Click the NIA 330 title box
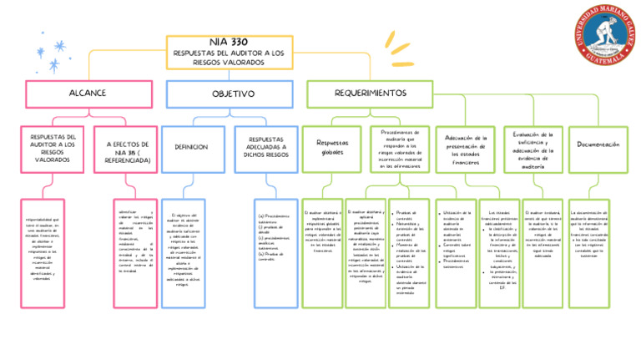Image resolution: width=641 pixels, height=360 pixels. pos(230,52)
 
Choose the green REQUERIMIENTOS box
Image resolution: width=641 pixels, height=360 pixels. pos(370,94)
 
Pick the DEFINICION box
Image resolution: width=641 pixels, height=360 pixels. pos(191,147)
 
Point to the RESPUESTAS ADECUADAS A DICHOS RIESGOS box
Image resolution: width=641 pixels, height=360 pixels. pos(265,148)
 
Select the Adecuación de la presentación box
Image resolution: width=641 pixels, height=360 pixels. pos(466,149)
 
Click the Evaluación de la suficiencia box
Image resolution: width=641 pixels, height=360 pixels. pos(532,149)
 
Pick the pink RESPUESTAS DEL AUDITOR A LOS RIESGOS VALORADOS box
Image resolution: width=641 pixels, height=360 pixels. pos(53,149)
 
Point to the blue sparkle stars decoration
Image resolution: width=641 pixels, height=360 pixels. pos(58,55)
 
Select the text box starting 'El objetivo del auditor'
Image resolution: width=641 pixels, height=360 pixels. pos(193,249)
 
